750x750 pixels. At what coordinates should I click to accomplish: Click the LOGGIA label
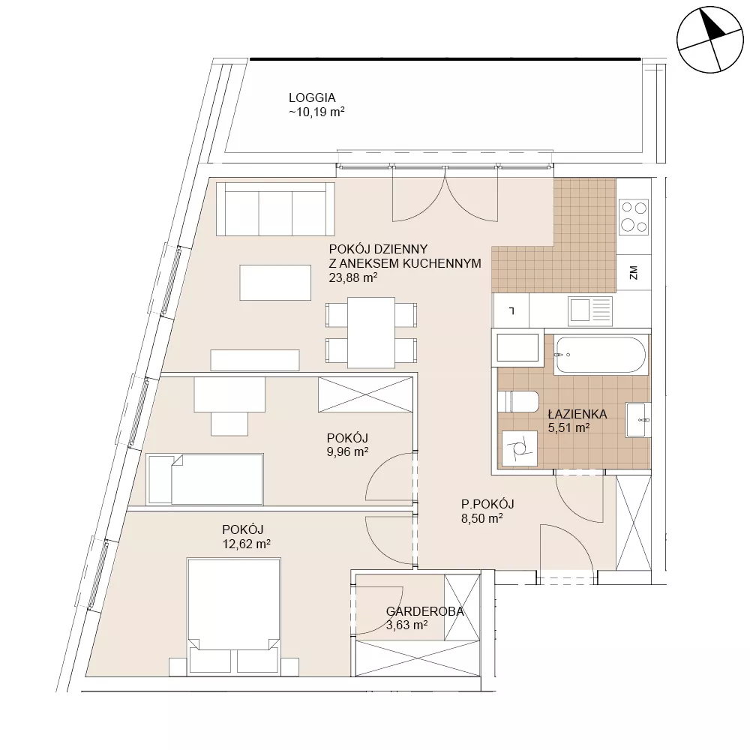pyautogui.click(x=312, y=97)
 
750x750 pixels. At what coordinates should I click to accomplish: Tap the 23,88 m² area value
pyautogui.click(x=353, y=277)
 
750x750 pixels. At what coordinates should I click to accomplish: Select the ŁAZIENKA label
pyautogui.click(x=577, y=413)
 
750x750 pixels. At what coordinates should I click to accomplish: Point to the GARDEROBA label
pyautogui.click(x=424, y=611)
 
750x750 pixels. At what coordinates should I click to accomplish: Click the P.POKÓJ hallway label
pyautogui.click(x=487, y=504)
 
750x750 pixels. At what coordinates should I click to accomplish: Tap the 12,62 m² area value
pyautogui.click(x=246, y=544)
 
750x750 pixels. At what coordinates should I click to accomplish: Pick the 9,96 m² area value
pyautogui.click(x=347, y=451)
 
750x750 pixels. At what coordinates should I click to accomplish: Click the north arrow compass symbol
pyautogui.click(x=710, y=40)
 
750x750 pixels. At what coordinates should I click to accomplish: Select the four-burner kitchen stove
pyautogui.click(x=634, y=217)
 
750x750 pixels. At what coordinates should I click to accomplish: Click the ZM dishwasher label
pyautogui.click(x=634, y=273)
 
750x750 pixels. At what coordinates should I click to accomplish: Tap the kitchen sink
pyautogui.click(x=590, y=310)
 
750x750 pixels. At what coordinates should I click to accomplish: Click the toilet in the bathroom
pyautogui.click(x=518, y=401)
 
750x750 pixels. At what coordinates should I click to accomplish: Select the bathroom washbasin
pyautogui.click(x=638, y=420)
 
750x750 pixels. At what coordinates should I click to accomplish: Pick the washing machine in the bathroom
pyautogui.click(x=520, y=448)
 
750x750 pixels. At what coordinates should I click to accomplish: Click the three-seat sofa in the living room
pyautogui.click(x=275, y=208)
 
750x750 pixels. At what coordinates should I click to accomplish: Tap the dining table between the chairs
pyautogui.click(x=371, y=332)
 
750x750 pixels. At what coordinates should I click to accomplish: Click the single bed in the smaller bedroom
pyautogui.click(x=205, y=479)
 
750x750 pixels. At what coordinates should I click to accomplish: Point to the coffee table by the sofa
pyautogui.click(x=275, y=283)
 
